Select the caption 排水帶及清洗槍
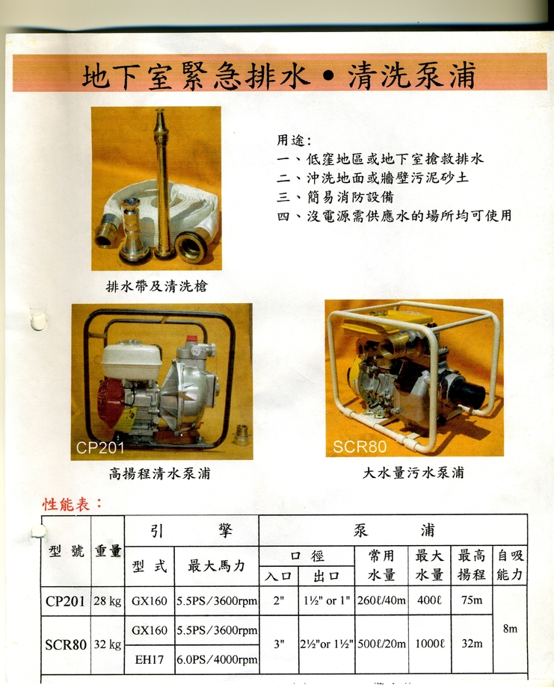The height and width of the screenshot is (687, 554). point(156,286)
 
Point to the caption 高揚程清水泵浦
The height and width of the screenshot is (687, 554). point(160,473)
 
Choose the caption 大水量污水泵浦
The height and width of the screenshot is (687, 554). point(413,473)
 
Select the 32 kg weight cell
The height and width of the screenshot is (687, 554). point(108,644)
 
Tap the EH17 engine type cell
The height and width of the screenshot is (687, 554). point(149,659)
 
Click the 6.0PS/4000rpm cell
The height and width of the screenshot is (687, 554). point(217,659)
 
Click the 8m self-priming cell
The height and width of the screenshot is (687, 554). point(510,629)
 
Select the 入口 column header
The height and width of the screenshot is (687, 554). point(278,576)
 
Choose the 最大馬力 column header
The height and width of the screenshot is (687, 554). point(217,566)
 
